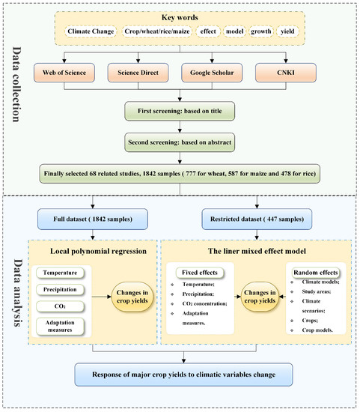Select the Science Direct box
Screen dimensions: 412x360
[x=141, y=73]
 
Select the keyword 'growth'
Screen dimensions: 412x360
[x=256, y=32]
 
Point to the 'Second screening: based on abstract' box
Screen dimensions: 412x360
[x=177, y=139]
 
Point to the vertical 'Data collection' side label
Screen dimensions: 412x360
[x=18, y=96]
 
